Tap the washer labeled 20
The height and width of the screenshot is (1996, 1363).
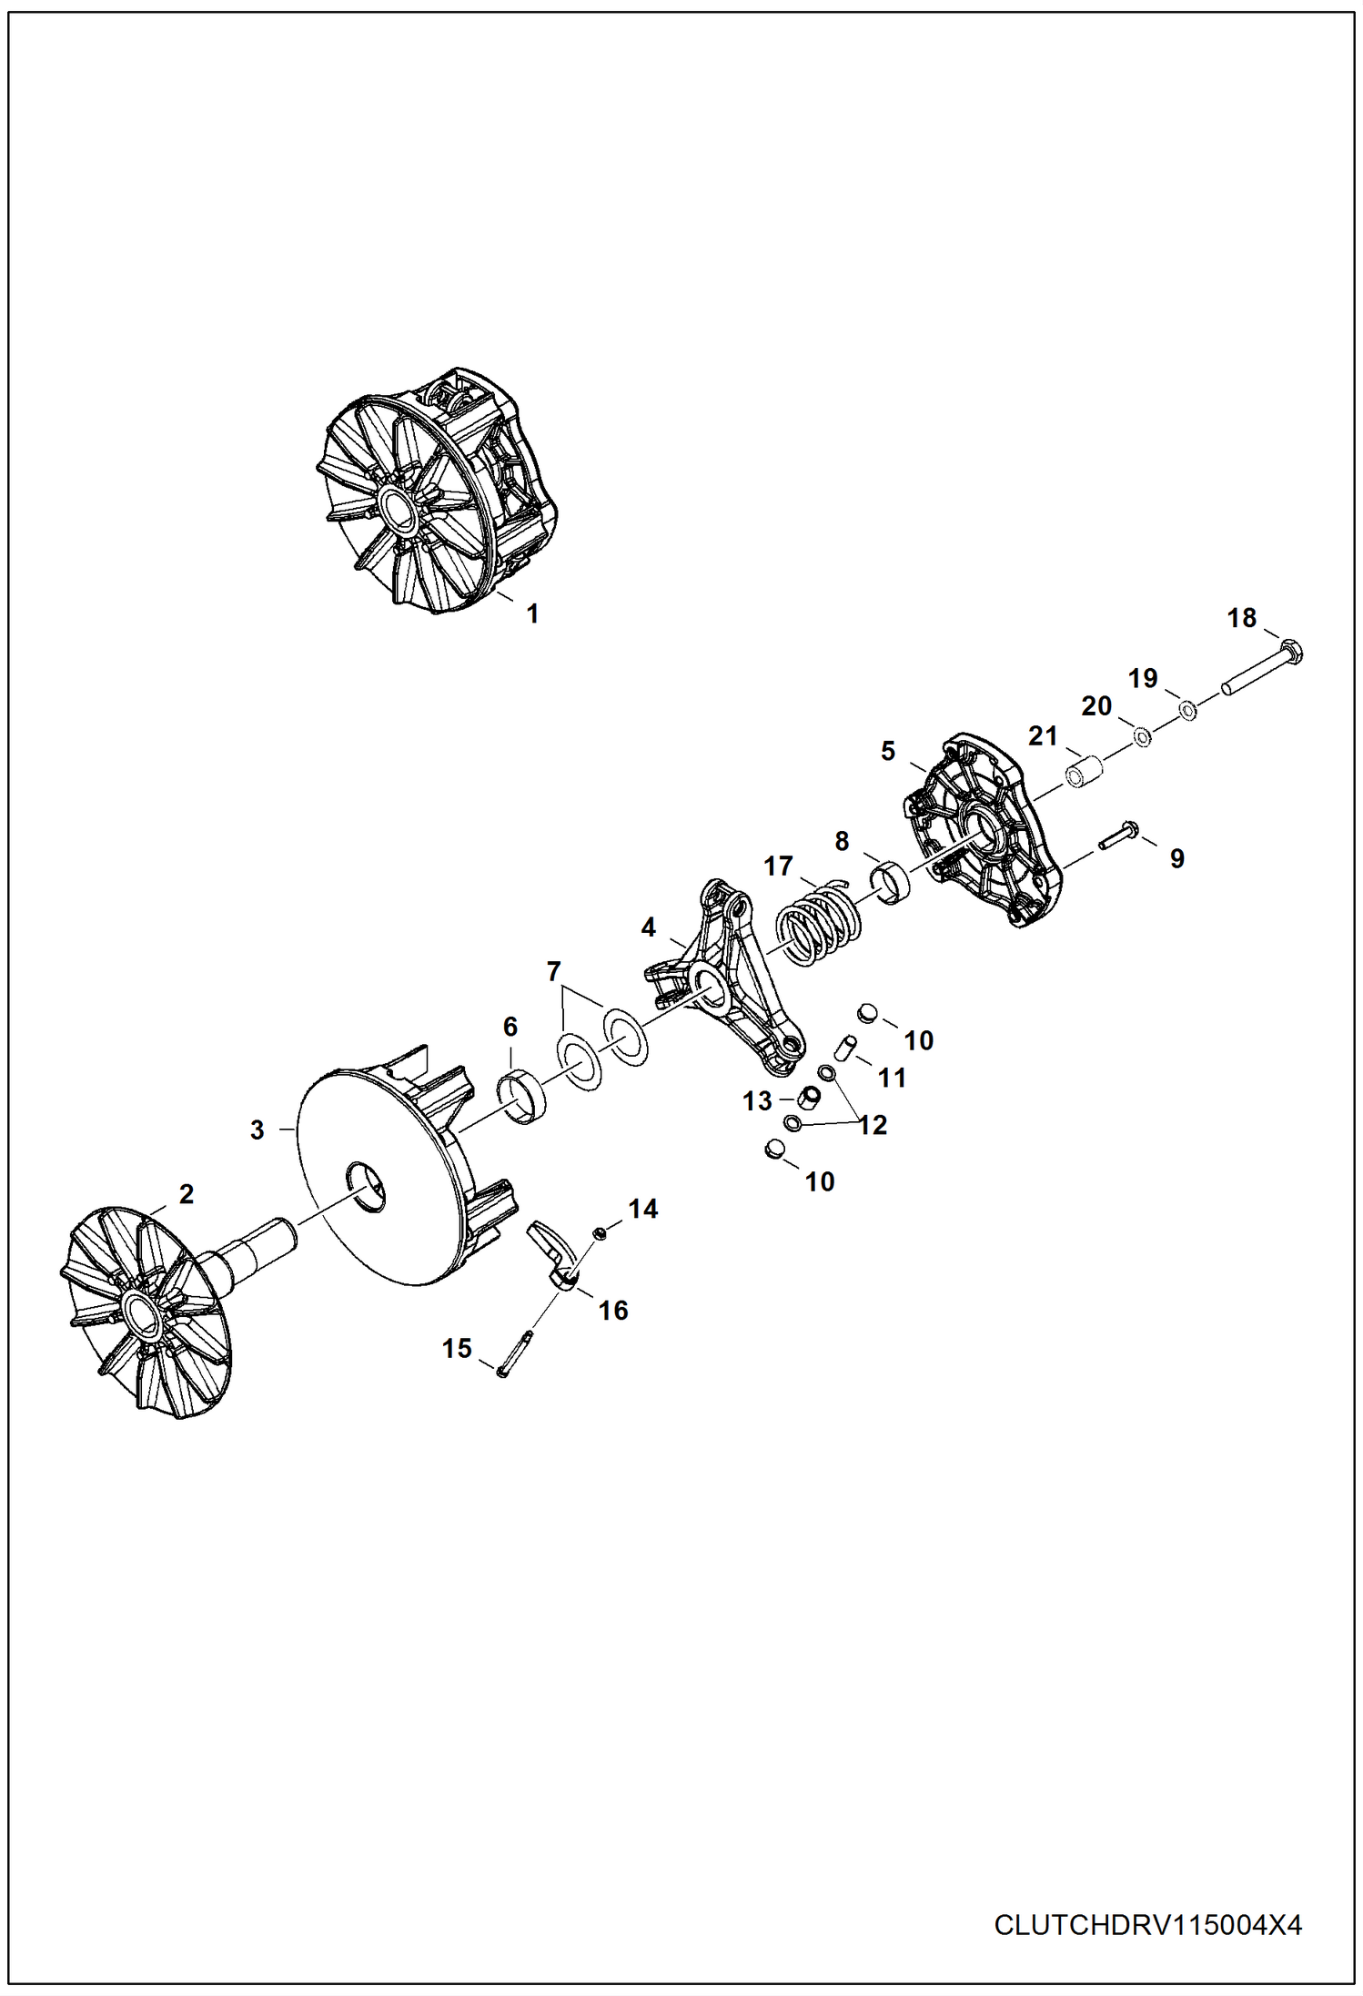coord(1142,735)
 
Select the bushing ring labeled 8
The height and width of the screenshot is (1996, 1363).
coord(892,882)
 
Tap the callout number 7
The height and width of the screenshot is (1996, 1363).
coord(553,972)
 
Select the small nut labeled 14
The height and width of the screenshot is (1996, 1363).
coord(600,1232)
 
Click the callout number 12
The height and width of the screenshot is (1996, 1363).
coord(873,1126)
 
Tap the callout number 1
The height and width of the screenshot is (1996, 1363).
coord(533,614)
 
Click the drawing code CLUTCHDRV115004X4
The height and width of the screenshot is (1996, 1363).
coord(1147,1926)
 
